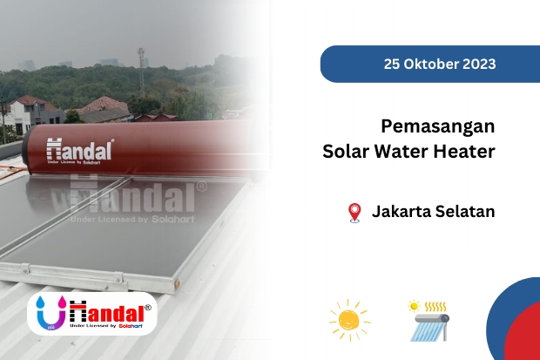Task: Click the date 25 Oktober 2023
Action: pyautogui.click(x=439, y=64)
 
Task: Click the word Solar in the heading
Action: pyautogui.click(x=345, y=151)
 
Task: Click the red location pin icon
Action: pyautogui.click(x=354, y=212)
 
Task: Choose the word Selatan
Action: pyautogui.click(x=464, y=212)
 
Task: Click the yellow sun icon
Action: pyautogui.click(x=349, y=320)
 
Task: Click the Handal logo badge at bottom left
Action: pyautogui.click(x=91, y=313)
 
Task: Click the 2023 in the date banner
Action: pyautogui.click(x=478, y=64)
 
